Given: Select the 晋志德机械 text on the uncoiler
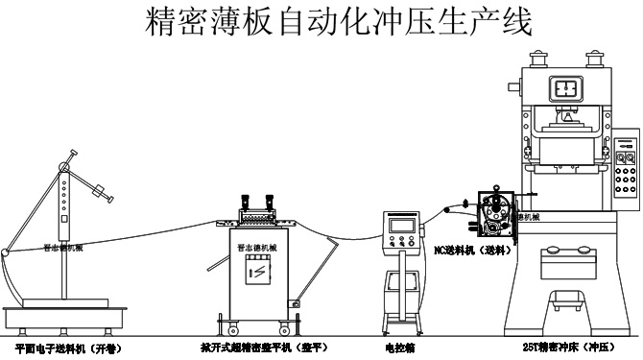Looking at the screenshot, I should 65,247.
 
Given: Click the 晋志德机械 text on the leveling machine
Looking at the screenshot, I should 258,247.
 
